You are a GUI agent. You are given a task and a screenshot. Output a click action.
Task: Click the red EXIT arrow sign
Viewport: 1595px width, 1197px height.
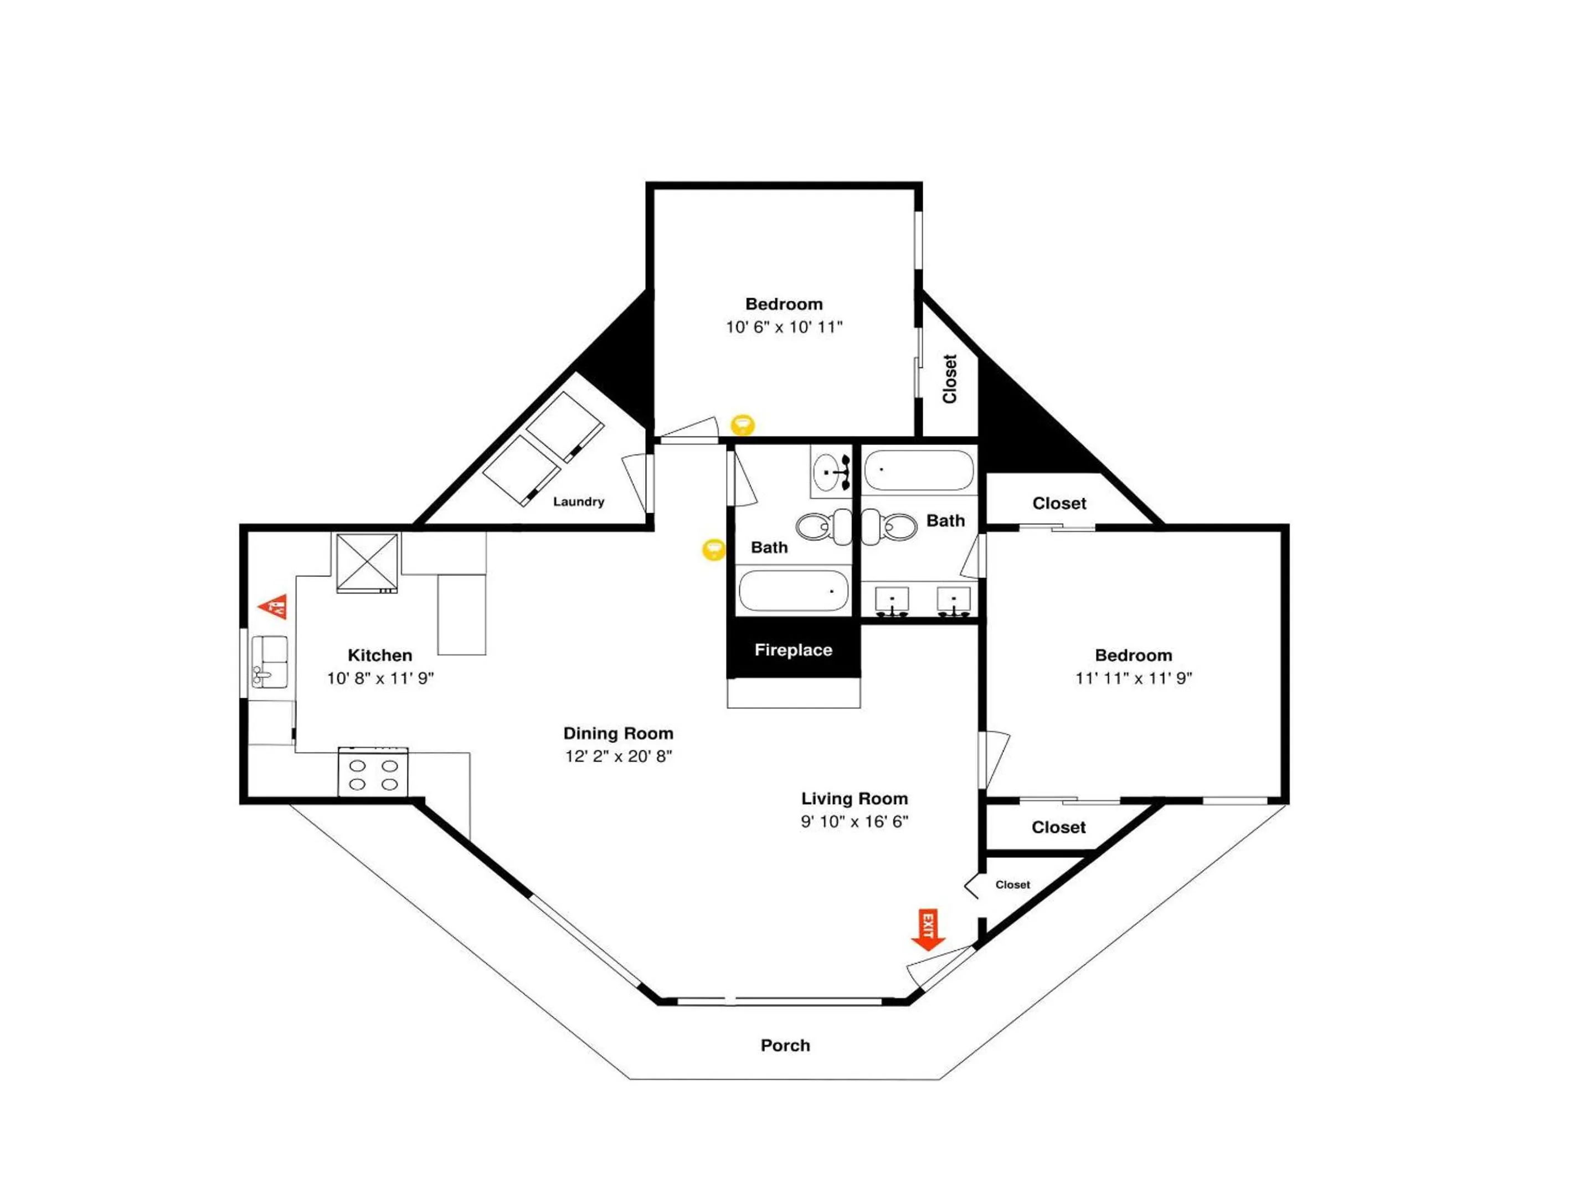[x=928, y=929]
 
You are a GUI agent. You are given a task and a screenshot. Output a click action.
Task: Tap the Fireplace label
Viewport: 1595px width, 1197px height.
[x=793, y=650]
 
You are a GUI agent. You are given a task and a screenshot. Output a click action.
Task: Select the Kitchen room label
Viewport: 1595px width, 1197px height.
[x=380, y=655]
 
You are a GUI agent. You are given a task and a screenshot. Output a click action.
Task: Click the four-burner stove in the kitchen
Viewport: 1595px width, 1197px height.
[x=373, y=773]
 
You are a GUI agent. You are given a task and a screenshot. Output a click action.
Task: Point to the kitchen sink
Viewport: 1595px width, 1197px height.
[x=270, y=662]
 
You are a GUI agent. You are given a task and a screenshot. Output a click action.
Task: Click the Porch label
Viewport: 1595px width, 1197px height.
[x=785, y=1046]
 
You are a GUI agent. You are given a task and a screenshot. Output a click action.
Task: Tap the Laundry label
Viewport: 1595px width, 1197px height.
[x=578, y=502]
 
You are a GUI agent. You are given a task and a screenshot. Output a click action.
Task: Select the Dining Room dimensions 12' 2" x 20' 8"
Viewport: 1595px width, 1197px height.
[x=619, y=756]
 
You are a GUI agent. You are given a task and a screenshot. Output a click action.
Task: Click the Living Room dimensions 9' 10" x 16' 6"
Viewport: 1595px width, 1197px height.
[x=855, y=821]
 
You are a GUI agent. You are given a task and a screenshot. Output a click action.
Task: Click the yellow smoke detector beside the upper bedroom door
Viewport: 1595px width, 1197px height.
[x=743, y=425]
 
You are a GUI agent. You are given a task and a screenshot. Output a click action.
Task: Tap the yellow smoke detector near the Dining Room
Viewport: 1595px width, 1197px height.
[x=714, y=550]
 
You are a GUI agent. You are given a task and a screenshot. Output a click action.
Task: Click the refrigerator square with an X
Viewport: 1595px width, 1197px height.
[x=368, y=563]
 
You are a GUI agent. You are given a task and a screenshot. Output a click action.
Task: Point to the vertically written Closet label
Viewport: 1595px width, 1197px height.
[x=950, y=379]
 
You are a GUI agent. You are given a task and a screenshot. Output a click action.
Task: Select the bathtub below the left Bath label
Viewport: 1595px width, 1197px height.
[x=793, y=591]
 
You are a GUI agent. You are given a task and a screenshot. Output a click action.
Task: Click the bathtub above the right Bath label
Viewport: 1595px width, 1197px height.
[x=919, y=470]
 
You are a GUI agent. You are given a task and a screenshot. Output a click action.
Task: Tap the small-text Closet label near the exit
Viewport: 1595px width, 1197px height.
[x=1012, y=884]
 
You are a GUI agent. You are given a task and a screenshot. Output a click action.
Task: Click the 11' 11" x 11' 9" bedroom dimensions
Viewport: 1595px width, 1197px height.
[x=1134, y=678]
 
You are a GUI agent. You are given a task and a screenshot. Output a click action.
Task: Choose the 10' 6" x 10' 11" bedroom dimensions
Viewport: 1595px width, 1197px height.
[x=784, y=327]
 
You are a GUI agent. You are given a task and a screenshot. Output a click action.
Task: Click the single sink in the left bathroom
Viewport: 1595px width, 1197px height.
[x=831, y=472]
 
